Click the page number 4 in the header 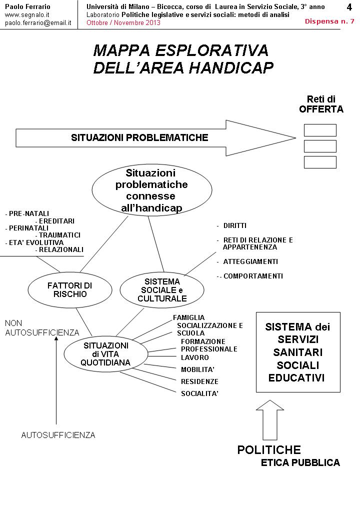[349, 7]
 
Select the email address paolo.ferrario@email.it [38, 23]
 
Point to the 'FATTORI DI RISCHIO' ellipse [70, 289]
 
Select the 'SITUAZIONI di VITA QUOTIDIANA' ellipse [105, 354]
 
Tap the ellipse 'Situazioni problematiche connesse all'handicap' [150, 190]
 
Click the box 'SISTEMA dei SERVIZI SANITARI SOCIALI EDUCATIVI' [298, 352]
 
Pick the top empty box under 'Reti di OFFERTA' [320, 130]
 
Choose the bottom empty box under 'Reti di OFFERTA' [320, 162]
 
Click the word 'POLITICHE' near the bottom [269, 449]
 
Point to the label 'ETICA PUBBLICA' [300, 463]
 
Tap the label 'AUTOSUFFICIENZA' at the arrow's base [58, 435]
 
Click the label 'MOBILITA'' [197, 370]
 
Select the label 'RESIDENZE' [199, 381]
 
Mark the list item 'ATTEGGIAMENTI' [250, 261]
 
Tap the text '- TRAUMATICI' [58, 235]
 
